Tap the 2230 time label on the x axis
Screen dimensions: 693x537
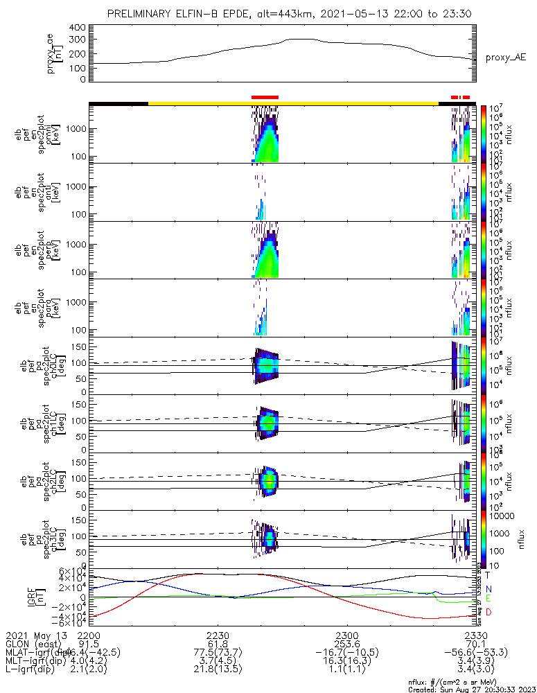(x=217, y=635)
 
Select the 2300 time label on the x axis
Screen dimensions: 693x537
(x=346, y=635)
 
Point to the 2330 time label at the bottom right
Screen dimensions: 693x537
(x=475, y=635)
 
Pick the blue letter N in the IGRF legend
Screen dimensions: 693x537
(x=488, y=588)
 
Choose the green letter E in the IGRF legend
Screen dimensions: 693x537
(x=488, y=599)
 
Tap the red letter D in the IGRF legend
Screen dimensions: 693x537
(x=488, y=613)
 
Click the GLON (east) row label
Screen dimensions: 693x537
(x=35, y=644)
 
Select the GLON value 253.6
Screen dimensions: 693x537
(x=346, y=644)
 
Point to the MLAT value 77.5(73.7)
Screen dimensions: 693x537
(x=217, y=653)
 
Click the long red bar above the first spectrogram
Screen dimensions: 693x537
(x=265, y=97)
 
